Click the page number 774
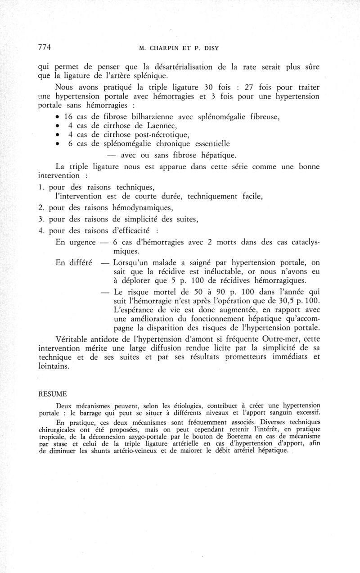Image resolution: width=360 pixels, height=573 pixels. click(44, 47)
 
